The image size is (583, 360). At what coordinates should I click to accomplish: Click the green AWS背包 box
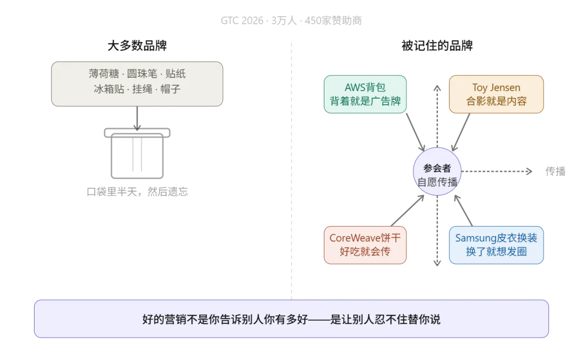point(365,94)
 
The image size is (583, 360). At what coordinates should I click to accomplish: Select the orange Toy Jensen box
point(496,94)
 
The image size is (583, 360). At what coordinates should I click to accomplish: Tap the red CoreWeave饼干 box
point(365,244)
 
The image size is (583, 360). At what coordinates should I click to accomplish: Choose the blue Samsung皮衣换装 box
point(496,244)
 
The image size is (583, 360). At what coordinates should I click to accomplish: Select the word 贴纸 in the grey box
point(175,74)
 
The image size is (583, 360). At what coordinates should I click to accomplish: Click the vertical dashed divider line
point(291,162)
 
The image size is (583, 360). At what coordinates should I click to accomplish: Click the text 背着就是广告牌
point(365,101)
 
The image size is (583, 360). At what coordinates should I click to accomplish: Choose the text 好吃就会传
point(365,252)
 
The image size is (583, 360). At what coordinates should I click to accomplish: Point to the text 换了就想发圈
point(496,252)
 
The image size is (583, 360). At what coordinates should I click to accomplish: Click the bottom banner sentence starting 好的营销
point(291,319)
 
